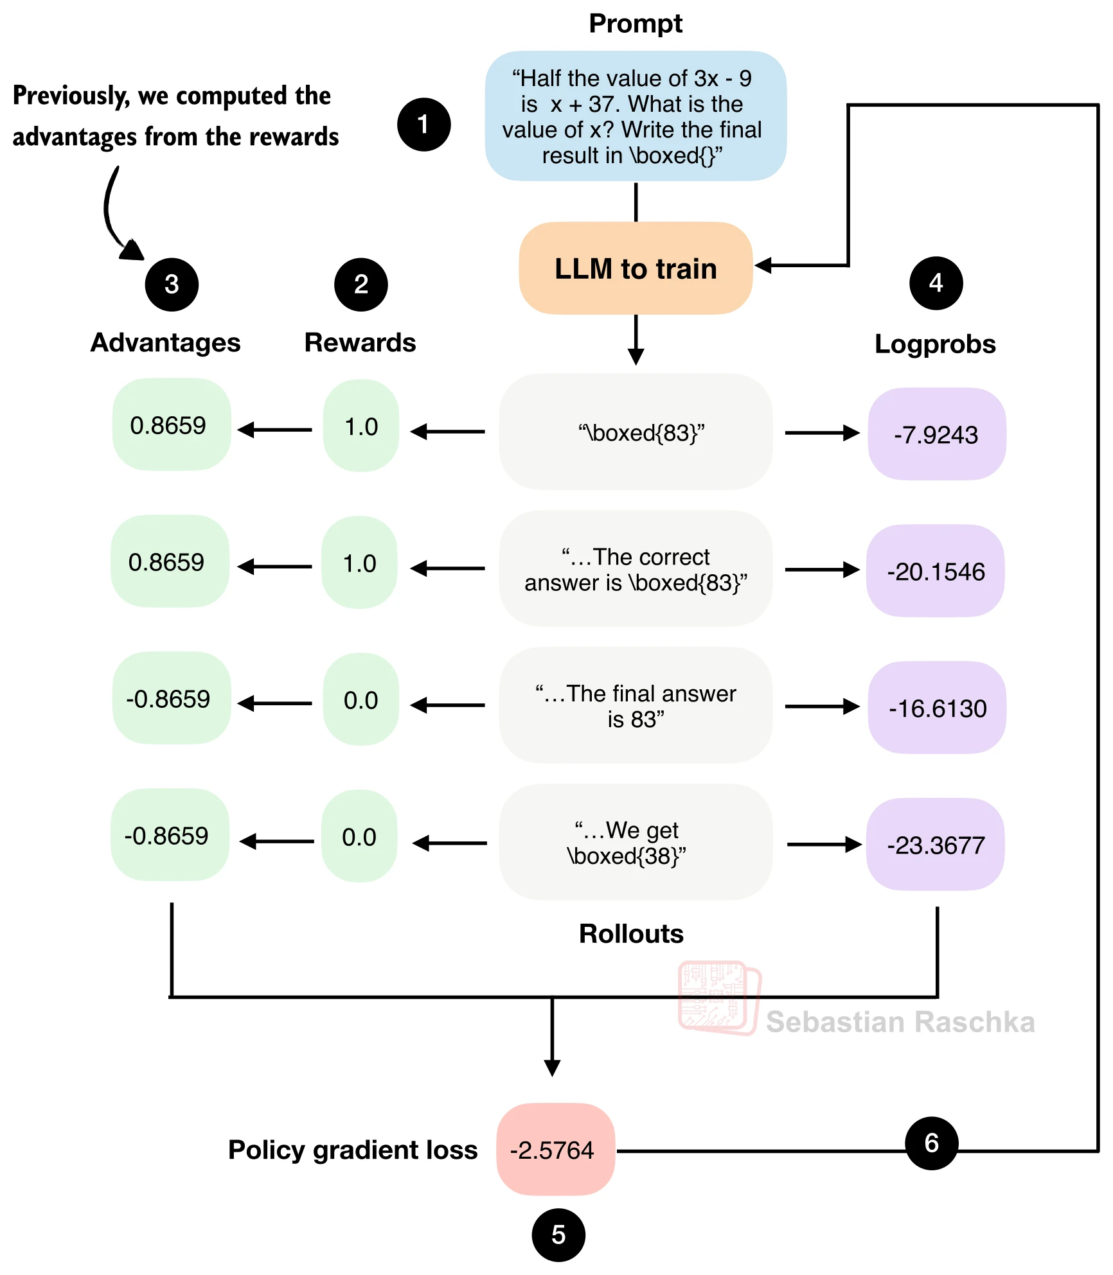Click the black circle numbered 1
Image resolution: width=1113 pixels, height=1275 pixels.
(x=423, y=125)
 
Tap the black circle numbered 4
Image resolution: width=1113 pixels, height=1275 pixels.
(x=936, y=283)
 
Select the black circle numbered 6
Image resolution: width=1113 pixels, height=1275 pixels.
(x=931, y=1143)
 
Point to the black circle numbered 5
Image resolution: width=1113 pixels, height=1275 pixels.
(x=558, y=1235)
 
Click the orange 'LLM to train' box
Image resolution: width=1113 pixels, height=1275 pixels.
(x=636, y=268)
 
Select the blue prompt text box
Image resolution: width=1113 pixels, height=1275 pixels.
(x=636, y=116)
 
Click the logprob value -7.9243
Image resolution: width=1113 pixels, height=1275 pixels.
(x=936, y=434)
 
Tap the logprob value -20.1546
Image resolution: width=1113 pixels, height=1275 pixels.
(x=936, y=571)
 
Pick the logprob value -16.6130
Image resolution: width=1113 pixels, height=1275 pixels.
(x=937, y=708)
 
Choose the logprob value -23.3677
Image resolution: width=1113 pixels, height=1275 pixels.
(x=936, y=845)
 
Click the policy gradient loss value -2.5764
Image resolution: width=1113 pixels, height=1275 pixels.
(x=555, y=1149)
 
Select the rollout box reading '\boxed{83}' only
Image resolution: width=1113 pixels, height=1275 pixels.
(x=636, y=432)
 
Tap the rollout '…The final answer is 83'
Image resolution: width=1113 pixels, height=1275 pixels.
(x=636, y=705)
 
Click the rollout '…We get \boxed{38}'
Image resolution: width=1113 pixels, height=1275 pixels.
(x=636, y=842)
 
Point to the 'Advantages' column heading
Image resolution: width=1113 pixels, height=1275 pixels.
(x=165, y=343)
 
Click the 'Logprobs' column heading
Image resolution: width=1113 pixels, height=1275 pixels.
(x=935, y=344)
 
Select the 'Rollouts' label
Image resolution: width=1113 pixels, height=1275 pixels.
(x=631, y=934)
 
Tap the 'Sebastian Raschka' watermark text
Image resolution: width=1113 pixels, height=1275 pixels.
(x=900, y=1022)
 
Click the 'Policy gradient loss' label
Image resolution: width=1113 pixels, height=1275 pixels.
(x=353, y=1150)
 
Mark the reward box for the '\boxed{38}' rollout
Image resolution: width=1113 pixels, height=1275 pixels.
(x=359, y=836)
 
